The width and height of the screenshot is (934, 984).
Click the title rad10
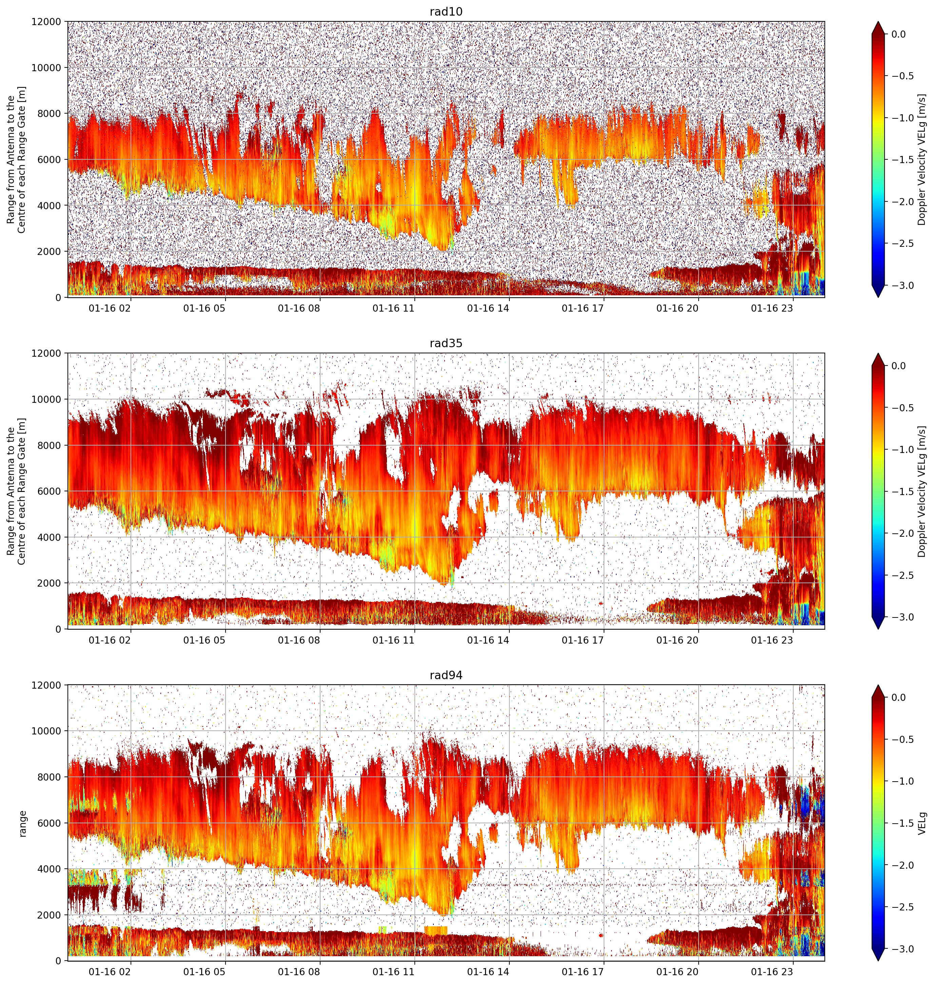coord(446,12)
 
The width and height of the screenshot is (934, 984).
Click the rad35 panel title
coord(446,343)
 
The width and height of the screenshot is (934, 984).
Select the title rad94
coord(446,675)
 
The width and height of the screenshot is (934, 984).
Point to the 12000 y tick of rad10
coord(46,22)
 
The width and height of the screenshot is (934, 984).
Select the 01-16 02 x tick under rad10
coord(110,308)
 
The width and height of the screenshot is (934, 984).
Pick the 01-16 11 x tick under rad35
coord(393,640)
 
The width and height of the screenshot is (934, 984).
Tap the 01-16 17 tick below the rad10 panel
coord(583,308)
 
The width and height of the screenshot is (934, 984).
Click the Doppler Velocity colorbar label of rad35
coord(922,491)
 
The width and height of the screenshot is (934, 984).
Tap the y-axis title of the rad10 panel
coord(16,160)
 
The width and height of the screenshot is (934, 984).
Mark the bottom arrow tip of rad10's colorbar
coord(879,297)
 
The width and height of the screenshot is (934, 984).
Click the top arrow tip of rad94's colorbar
coord(879,685)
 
